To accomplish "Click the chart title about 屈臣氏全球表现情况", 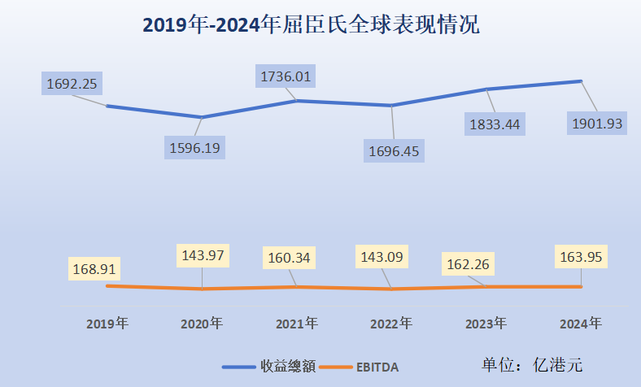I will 312,25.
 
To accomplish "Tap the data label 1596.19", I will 195,147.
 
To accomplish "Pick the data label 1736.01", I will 286,76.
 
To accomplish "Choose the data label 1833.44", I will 495,124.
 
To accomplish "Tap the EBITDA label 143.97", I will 203,255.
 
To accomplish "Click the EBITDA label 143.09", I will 386,257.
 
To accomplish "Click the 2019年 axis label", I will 107,324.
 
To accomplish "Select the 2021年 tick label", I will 296,324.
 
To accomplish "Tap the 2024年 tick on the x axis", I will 581,324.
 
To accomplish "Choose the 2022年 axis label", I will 391,324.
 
